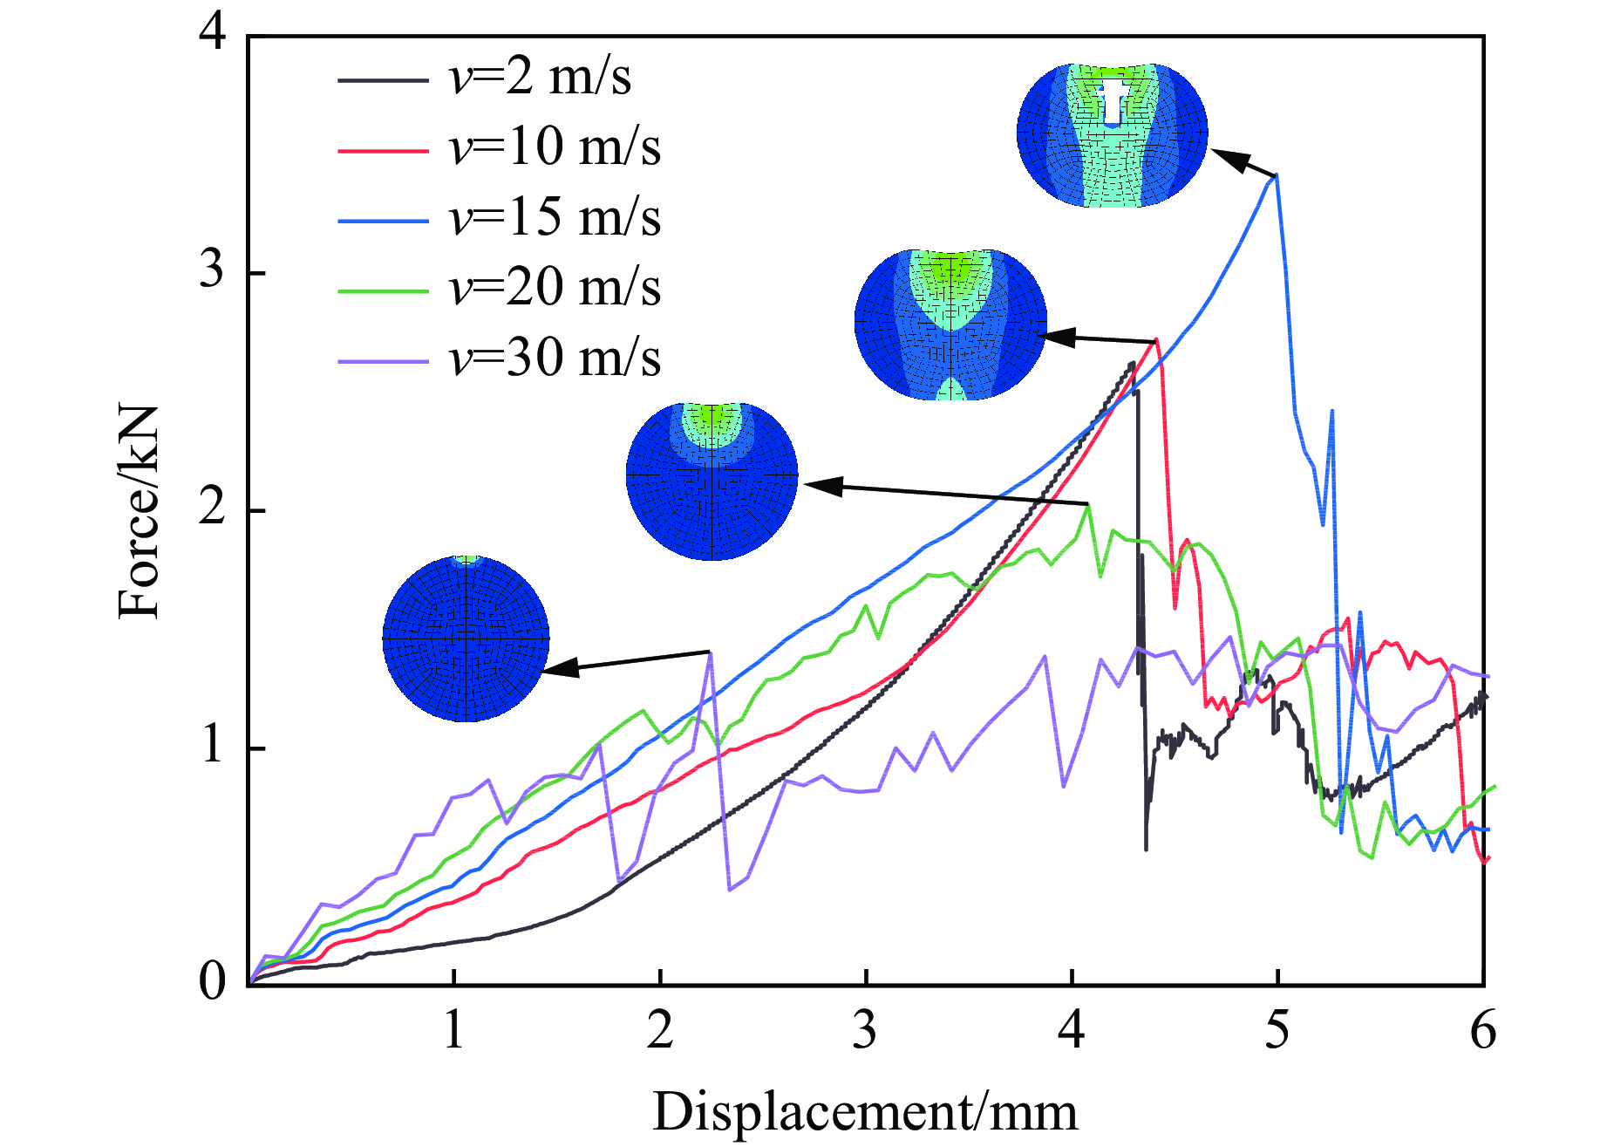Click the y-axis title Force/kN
[x=140, y=512]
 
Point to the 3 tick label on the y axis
[x=213, y=271]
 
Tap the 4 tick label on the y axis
[x=213, y=33]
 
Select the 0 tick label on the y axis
[x=213, y=983]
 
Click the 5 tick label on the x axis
[x=1277, y=1032]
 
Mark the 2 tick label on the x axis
[x=660, y=1032]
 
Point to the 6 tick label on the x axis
[x=1483, y=1032]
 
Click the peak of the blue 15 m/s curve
[x=1277, y=175]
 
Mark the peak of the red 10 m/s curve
[x=1156, y=340]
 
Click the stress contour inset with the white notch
[x=1113, y=135]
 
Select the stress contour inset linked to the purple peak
[x=466, y=639]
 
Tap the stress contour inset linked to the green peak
[x=712, y=481]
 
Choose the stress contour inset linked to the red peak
[x=950, y=324]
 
